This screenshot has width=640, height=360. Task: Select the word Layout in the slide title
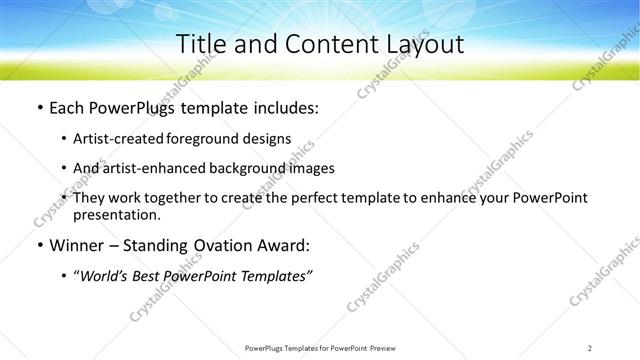[419, 46]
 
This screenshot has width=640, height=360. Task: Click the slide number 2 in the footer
[590, 347]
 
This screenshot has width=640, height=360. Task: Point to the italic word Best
[151, 275]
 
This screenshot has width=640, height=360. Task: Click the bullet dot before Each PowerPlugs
[38, 107]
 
